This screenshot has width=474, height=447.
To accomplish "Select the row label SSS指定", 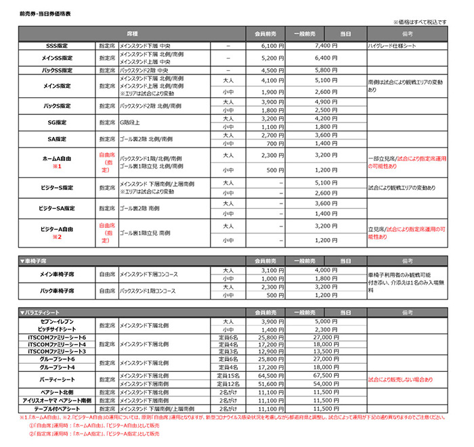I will pyautogui.click(x=53, y=45).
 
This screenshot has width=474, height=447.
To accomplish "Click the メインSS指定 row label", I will pyautogui.click(x=53, y=57).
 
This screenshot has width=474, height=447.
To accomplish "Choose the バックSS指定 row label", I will pyautogui.click(x=53, y=70).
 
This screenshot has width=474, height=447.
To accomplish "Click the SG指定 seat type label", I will pyautogui.click(x=53, y=122).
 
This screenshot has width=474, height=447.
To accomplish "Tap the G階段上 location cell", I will pyautogui.click(x=131, y=122).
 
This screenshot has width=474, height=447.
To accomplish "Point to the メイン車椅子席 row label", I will pyautogui.click(x=53, y=273).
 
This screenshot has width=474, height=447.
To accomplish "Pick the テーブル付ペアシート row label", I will pyautogui.click(x=53, y=409).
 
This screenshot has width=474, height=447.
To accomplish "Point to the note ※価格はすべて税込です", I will pyautogui.click(x=421, y=22).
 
